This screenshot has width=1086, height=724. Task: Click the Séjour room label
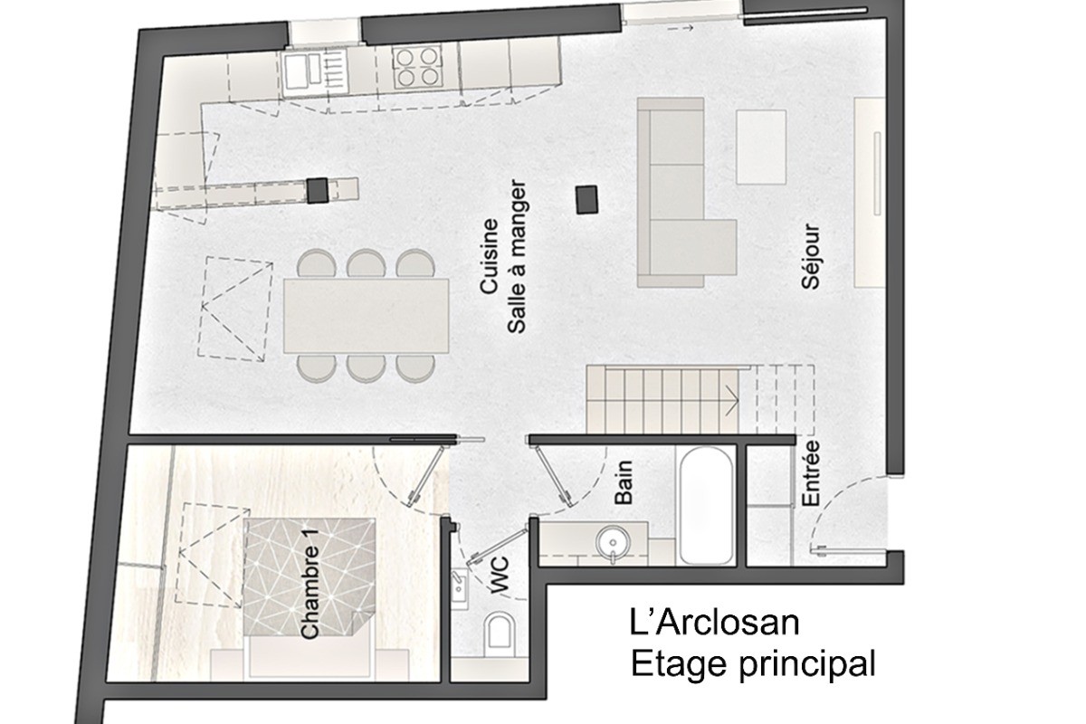[x=810, y=256]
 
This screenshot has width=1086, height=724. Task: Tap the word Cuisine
[x=490, y=256]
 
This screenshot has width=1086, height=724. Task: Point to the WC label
[x=500, y=576]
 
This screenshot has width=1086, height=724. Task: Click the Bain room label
[x=624, y=482]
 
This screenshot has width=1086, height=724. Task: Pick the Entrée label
[x=810, y=473]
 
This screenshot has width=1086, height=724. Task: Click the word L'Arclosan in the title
[x=715, y=624]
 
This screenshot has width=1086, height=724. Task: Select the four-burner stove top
[x=417, y=67]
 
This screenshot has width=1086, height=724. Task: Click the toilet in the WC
[x=500, y=633]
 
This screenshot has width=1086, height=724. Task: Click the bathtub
[x=706, y=505]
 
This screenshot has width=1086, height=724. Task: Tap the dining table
[x=366, y=315]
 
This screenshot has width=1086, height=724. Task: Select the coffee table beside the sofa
[x=761, y=147]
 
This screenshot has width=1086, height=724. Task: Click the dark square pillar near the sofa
[x=586, y=199]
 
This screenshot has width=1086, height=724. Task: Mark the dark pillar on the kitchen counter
[x=317, y=190]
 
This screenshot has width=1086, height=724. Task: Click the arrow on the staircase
[x=731, y=401]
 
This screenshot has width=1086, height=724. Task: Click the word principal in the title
[x=807, y=665]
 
